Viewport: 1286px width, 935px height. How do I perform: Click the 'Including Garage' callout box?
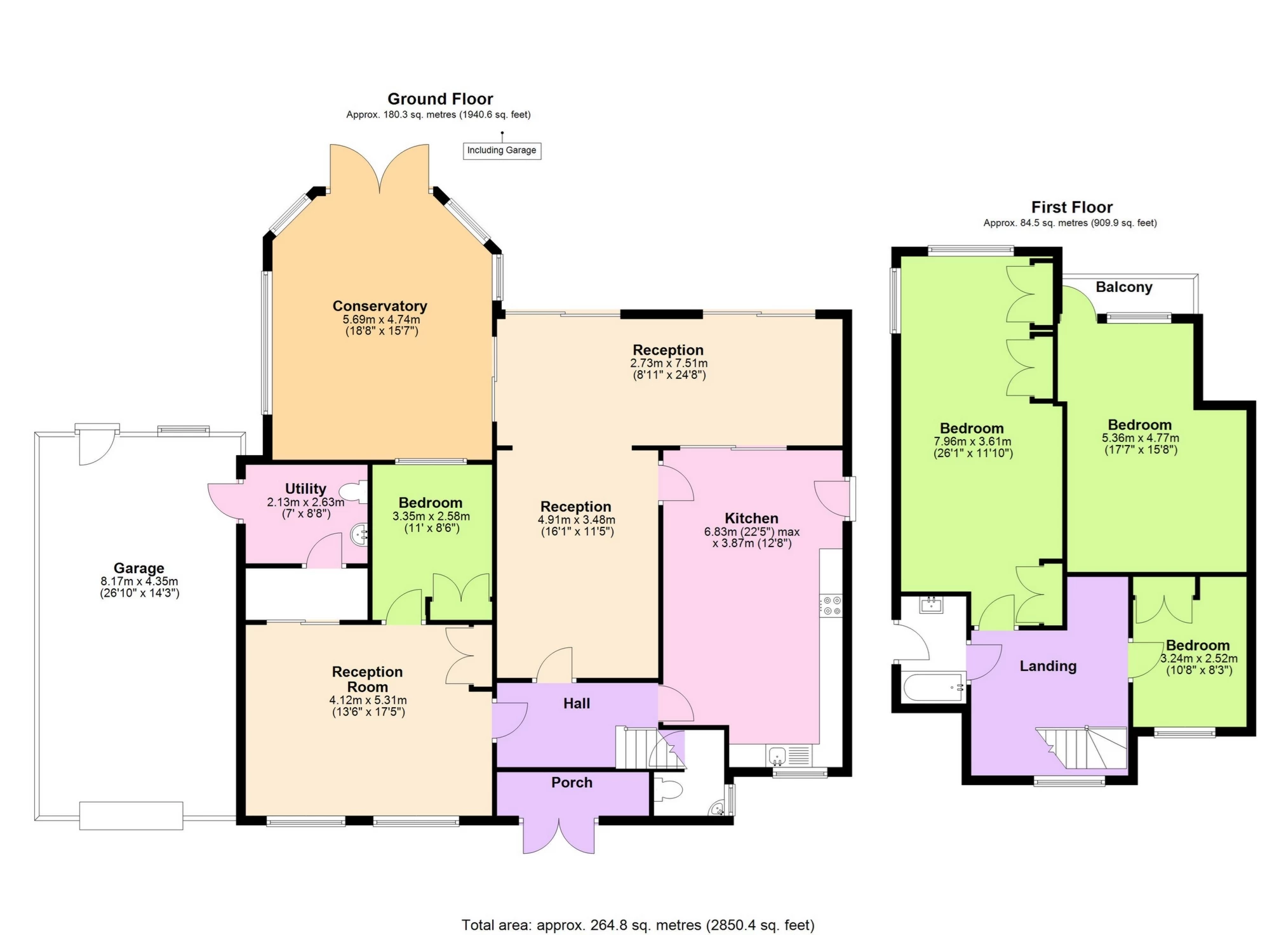click(501, 150)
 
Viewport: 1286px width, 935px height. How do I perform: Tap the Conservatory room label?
click(380, 306)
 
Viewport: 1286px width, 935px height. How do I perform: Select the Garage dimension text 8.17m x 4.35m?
click(139, 581)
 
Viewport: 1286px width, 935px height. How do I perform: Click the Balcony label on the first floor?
click(1123, 287)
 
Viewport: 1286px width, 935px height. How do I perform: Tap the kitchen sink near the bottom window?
click(778, 755)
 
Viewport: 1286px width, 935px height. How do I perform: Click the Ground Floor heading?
click(440, 99)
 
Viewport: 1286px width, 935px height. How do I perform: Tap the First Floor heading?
click(1071, 207)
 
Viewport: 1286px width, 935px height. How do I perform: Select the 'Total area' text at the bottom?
click(638, 925)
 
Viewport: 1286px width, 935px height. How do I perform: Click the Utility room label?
click(305, 489)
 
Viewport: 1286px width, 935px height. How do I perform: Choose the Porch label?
click(572, 783)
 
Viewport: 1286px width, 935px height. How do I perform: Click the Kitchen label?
click(751, 518)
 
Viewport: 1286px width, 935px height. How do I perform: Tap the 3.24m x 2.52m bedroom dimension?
click(1198, 659)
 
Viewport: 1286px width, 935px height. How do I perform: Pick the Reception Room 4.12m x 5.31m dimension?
click(368, 700)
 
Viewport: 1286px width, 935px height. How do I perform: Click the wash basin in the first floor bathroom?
click(932, 604)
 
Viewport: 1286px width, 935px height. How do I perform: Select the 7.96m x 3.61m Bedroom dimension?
click(972, 442)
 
